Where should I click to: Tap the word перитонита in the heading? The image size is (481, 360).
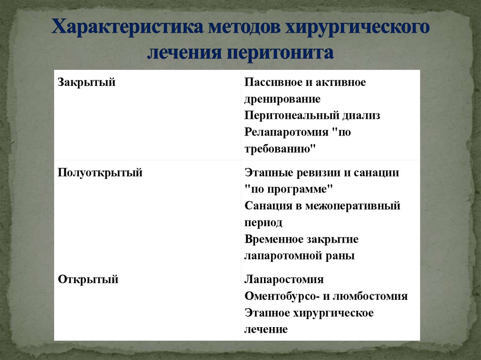coord(280,52)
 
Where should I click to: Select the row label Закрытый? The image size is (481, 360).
coord(87,83)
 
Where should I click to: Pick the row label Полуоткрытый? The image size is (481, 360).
coord(100,173)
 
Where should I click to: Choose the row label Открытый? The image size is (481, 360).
coord(88,280)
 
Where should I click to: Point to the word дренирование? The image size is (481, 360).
coord(282,100)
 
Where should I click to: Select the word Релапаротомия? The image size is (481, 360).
coord(286,132)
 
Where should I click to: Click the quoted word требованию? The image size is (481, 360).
coord(279,149)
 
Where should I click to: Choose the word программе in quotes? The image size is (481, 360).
coord(300,189)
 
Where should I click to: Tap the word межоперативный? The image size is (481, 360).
coord(353,206)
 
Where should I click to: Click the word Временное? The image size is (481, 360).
coord(273,239)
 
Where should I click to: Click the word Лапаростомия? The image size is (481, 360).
coord(284,280)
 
